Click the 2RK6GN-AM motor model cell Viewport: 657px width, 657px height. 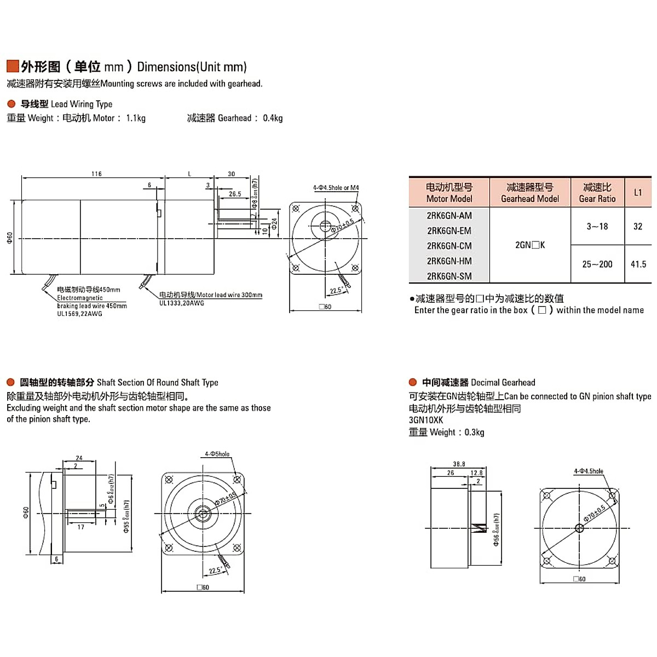(x=449, y=216)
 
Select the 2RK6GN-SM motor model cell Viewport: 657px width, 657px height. (x=449, y=276)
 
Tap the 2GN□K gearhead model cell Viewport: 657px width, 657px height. (x=530, y=245)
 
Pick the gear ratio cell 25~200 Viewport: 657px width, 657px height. (x=597, y=264)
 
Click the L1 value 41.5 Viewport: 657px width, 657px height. (x=638, y=264)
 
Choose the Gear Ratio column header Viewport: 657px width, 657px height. (x=597, y=193)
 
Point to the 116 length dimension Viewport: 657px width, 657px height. (x=96, y=174)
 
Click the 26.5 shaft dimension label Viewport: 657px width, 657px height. (x=235, y=194)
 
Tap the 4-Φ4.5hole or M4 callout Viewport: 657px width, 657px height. (x=336, y=188)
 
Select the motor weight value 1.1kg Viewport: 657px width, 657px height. (x=136, y=118)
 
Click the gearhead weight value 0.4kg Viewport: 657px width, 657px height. (x=273, y=118)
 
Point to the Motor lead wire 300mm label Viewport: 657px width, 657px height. (x=211, y=295)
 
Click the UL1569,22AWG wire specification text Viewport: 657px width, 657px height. (x=79, y=314)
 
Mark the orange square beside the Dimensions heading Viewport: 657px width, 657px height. (x=13, y=66)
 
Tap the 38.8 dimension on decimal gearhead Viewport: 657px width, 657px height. (x=459, y=464)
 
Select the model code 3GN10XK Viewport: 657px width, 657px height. (x=426, y=420)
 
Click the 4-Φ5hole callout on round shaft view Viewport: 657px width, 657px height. (x=217, y=454)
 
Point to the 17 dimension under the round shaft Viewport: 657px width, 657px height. (x=80, y=527)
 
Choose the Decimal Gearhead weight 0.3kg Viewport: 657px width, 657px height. (x=474, y=432)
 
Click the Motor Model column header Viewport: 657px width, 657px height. (x=449, y=193)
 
